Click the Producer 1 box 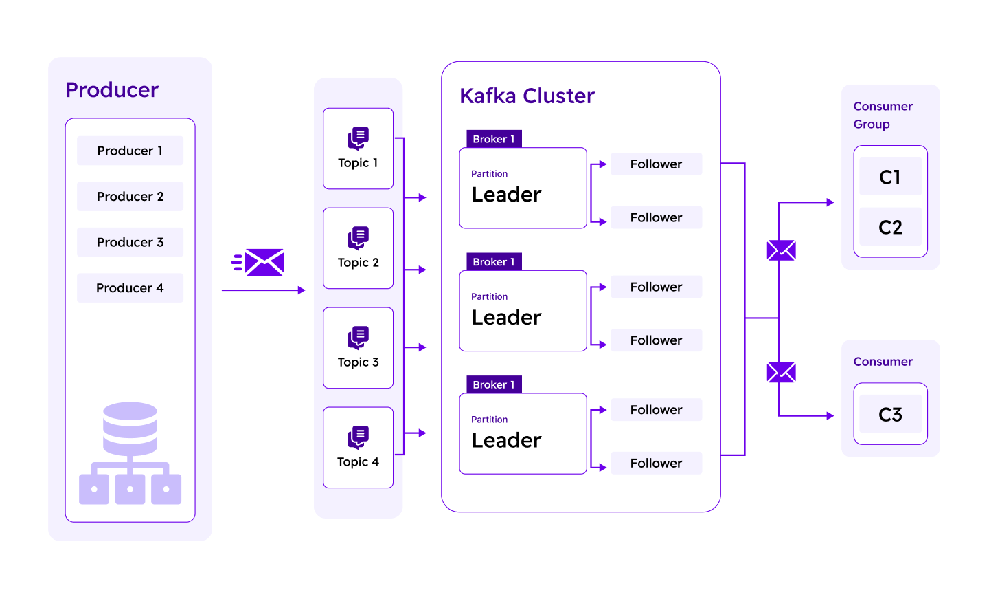click(x=130, y=151)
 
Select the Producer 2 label click(x=130, y=197)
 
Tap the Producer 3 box click(x=130, y=242)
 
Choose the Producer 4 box click(x=130, y=288)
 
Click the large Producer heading click(x=112, y=90)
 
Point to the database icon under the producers click(x=130, y=453)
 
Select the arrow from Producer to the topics click(x=263, y=291)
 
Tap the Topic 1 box click(x=358, y=149)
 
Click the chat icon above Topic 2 click(x=358, y=238)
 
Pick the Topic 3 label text click(x=358, y=362)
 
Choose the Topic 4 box click(x=358, y=448)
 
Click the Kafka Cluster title click(x=527, y=96)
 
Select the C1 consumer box click(x=890, y=177)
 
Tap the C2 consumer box click(x=890, y=227)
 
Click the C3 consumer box click(x=890, y=414)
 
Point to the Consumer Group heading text click(x=883, y=115)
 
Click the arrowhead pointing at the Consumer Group click(x=830, y=203)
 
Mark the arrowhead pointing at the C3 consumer click(x=830, y=416)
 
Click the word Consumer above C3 click(x=883, y=362)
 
